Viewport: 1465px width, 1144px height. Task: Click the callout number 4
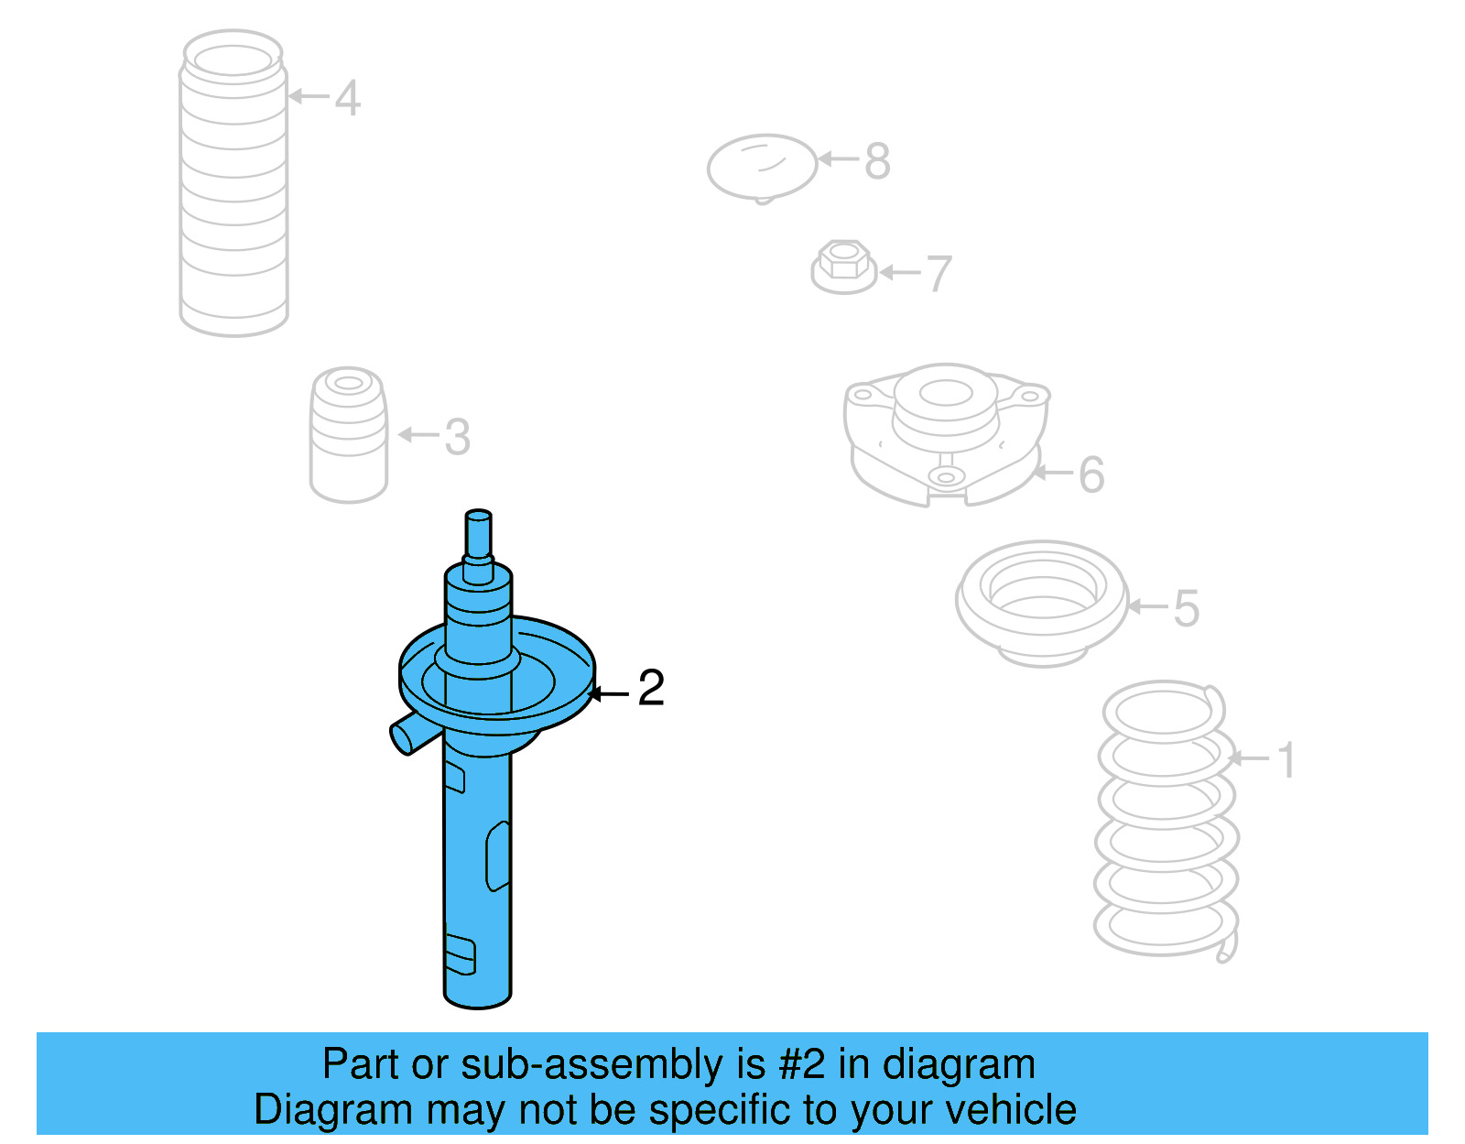pos(348,98)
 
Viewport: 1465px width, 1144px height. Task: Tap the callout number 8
pos(877,162)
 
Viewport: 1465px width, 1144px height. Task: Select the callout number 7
pos(939,274)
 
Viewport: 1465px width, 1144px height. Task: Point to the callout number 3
pos(458,437)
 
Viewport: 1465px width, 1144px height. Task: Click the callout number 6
pos(1091,474)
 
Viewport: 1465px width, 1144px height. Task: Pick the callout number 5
pos(1187,608)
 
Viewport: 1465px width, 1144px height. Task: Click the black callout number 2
pos(651,688)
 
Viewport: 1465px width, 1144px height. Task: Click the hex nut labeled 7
pos(843,267)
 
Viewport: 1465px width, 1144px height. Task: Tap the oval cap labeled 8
pos(762,169)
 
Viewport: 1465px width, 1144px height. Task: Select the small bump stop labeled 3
pos(349,435)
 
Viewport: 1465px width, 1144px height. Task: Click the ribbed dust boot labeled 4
pos(233,183)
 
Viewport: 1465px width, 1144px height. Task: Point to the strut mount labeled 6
pos(946,435)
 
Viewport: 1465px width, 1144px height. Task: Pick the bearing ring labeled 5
pos(1042,604)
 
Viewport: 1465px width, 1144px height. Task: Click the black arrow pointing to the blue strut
pos(608,693)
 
